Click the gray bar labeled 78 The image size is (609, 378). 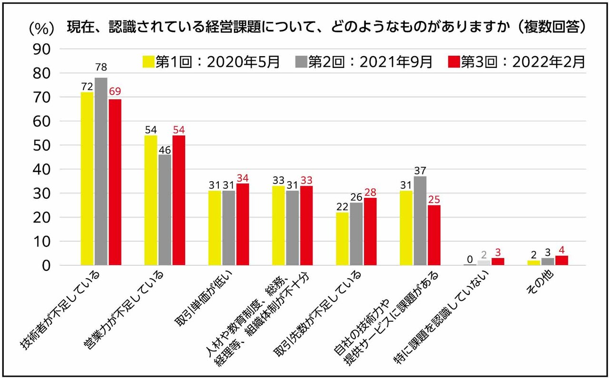click(x=101, y=171)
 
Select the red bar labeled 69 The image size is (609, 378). click(x=115, y=182)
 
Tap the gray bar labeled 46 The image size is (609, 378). click(x=165, y=210)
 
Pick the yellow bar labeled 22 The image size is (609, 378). click(x=343, y=239)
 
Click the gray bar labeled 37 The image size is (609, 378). click(x=420, y=221)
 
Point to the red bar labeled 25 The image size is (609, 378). click(x=434, y=235)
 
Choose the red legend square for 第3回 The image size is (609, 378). click(x=454, y=62)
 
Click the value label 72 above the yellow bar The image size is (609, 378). click(x=87, y=86)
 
